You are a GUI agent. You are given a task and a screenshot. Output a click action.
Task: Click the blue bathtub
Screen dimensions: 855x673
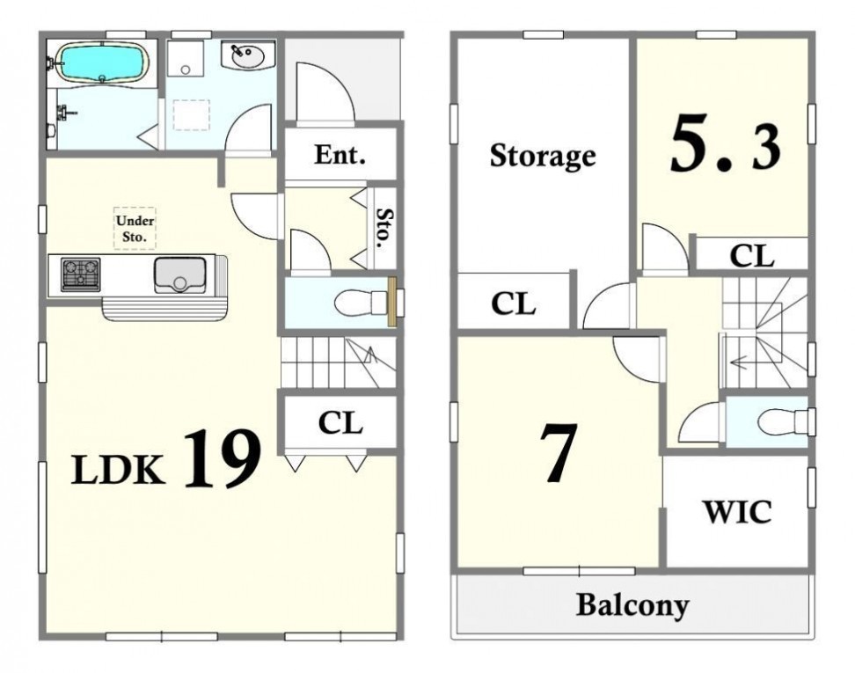coord(103,63)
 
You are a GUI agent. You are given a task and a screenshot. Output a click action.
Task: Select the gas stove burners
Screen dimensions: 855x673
coord(81,274)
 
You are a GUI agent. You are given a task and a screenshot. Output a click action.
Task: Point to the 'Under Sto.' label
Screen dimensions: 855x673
coord(135,229)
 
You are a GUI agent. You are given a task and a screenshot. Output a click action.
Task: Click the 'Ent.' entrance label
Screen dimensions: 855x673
coord(340,156)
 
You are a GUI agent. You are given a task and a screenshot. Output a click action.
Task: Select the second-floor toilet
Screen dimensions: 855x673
coord(784,421)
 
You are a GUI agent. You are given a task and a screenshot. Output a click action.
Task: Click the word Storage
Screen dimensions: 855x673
coord(543,157)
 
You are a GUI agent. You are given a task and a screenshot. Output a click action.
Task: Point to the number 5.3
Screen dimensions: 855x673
coord(725,144)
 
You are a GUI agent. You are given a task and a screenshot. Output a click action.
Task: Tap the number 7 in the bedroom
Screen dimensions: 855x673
coord(558,453)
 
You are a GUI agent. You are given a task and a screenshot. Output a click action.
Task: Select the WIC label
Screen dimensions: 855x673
coord(737,511)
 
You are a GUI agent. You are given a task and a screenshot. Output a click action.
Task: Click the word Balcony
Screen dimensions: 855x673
coord(632,605)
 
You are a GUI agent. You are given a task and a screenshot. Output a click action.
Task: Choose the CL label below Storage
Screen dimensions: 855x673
coord(513,304)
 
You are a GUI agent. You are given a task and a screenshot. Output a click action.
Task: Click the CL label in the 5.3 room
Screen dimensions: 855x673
coord(752,255)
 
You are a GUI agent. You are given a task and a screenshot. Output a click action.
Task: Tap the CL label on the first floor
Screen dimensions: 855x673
coord(340,422)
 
